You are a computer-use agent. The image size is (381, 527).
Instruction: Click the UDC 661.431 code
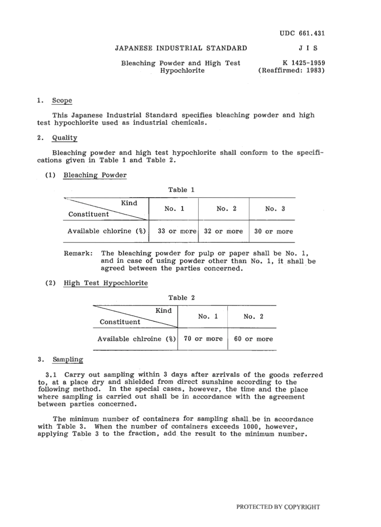tap(302, 33)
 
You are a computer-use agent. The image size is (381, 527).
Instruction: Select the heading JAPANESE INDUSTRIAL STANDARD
tap(181, 48)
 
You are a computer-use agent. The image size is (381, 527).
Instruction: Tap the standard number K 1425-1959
tap(304, 63)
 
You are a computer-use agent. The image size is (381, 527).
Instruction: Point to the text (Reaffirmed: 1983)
tap(292, 71)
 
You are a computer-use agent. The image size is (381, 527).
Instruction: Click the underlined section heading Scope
tap(62, 100)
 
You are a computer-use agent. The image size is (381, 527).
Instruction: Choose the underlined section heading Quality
tap(65, 138)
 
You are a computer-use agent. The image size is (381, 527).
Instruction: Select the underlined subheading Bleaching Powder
tap(95, 175)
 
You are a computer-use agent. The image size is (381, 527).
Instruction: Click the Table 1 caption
tap(181, 190)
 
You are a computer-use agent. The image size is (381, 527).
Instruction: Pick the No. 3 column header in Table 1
tap(275, 209)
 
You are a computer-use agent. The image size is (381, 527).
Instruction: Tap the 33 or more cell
tap(177, 231)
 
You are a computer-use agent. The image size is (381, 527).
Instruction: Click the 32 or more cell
tap(223, 231)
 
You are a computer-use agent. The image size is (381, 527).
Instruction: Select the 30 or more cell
tap(274, 231)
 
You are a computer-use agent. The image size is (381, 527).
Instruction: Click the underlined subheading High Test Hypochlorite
tap(106, 283)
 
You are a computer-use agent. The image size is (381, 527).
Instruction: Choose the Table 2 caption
tap(181, 298)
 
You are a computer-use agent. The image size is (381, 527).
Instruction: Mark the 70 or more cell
tap(203, 339)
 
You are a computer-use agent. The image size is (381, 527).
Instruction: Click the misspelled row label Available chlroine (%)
tap(136, 339)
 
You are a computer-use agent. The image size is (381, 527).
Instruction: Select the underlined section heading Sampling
tap(68, 360)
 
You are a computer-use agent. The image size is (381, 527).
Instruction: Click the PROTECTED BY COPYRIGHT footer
tap(278, 507)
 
